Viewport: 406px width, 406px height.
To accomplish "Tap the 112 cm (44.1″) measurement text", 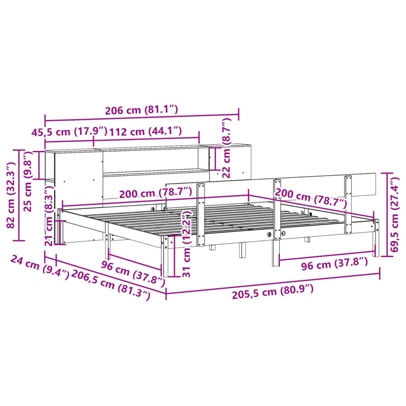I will (x=146, y=130).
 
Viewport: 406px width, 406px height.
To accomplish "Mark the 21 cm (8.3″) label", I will (x=50, y=223).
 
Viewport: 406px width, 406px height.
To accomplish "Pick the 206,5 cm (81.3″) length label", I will (x=112, y=284).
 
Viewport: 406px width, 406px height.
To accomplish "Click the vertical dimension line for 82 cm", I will (x=20, y=195).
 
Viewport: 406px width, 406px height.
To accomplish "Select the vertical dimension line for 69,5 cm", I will (x=389, y=215).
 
